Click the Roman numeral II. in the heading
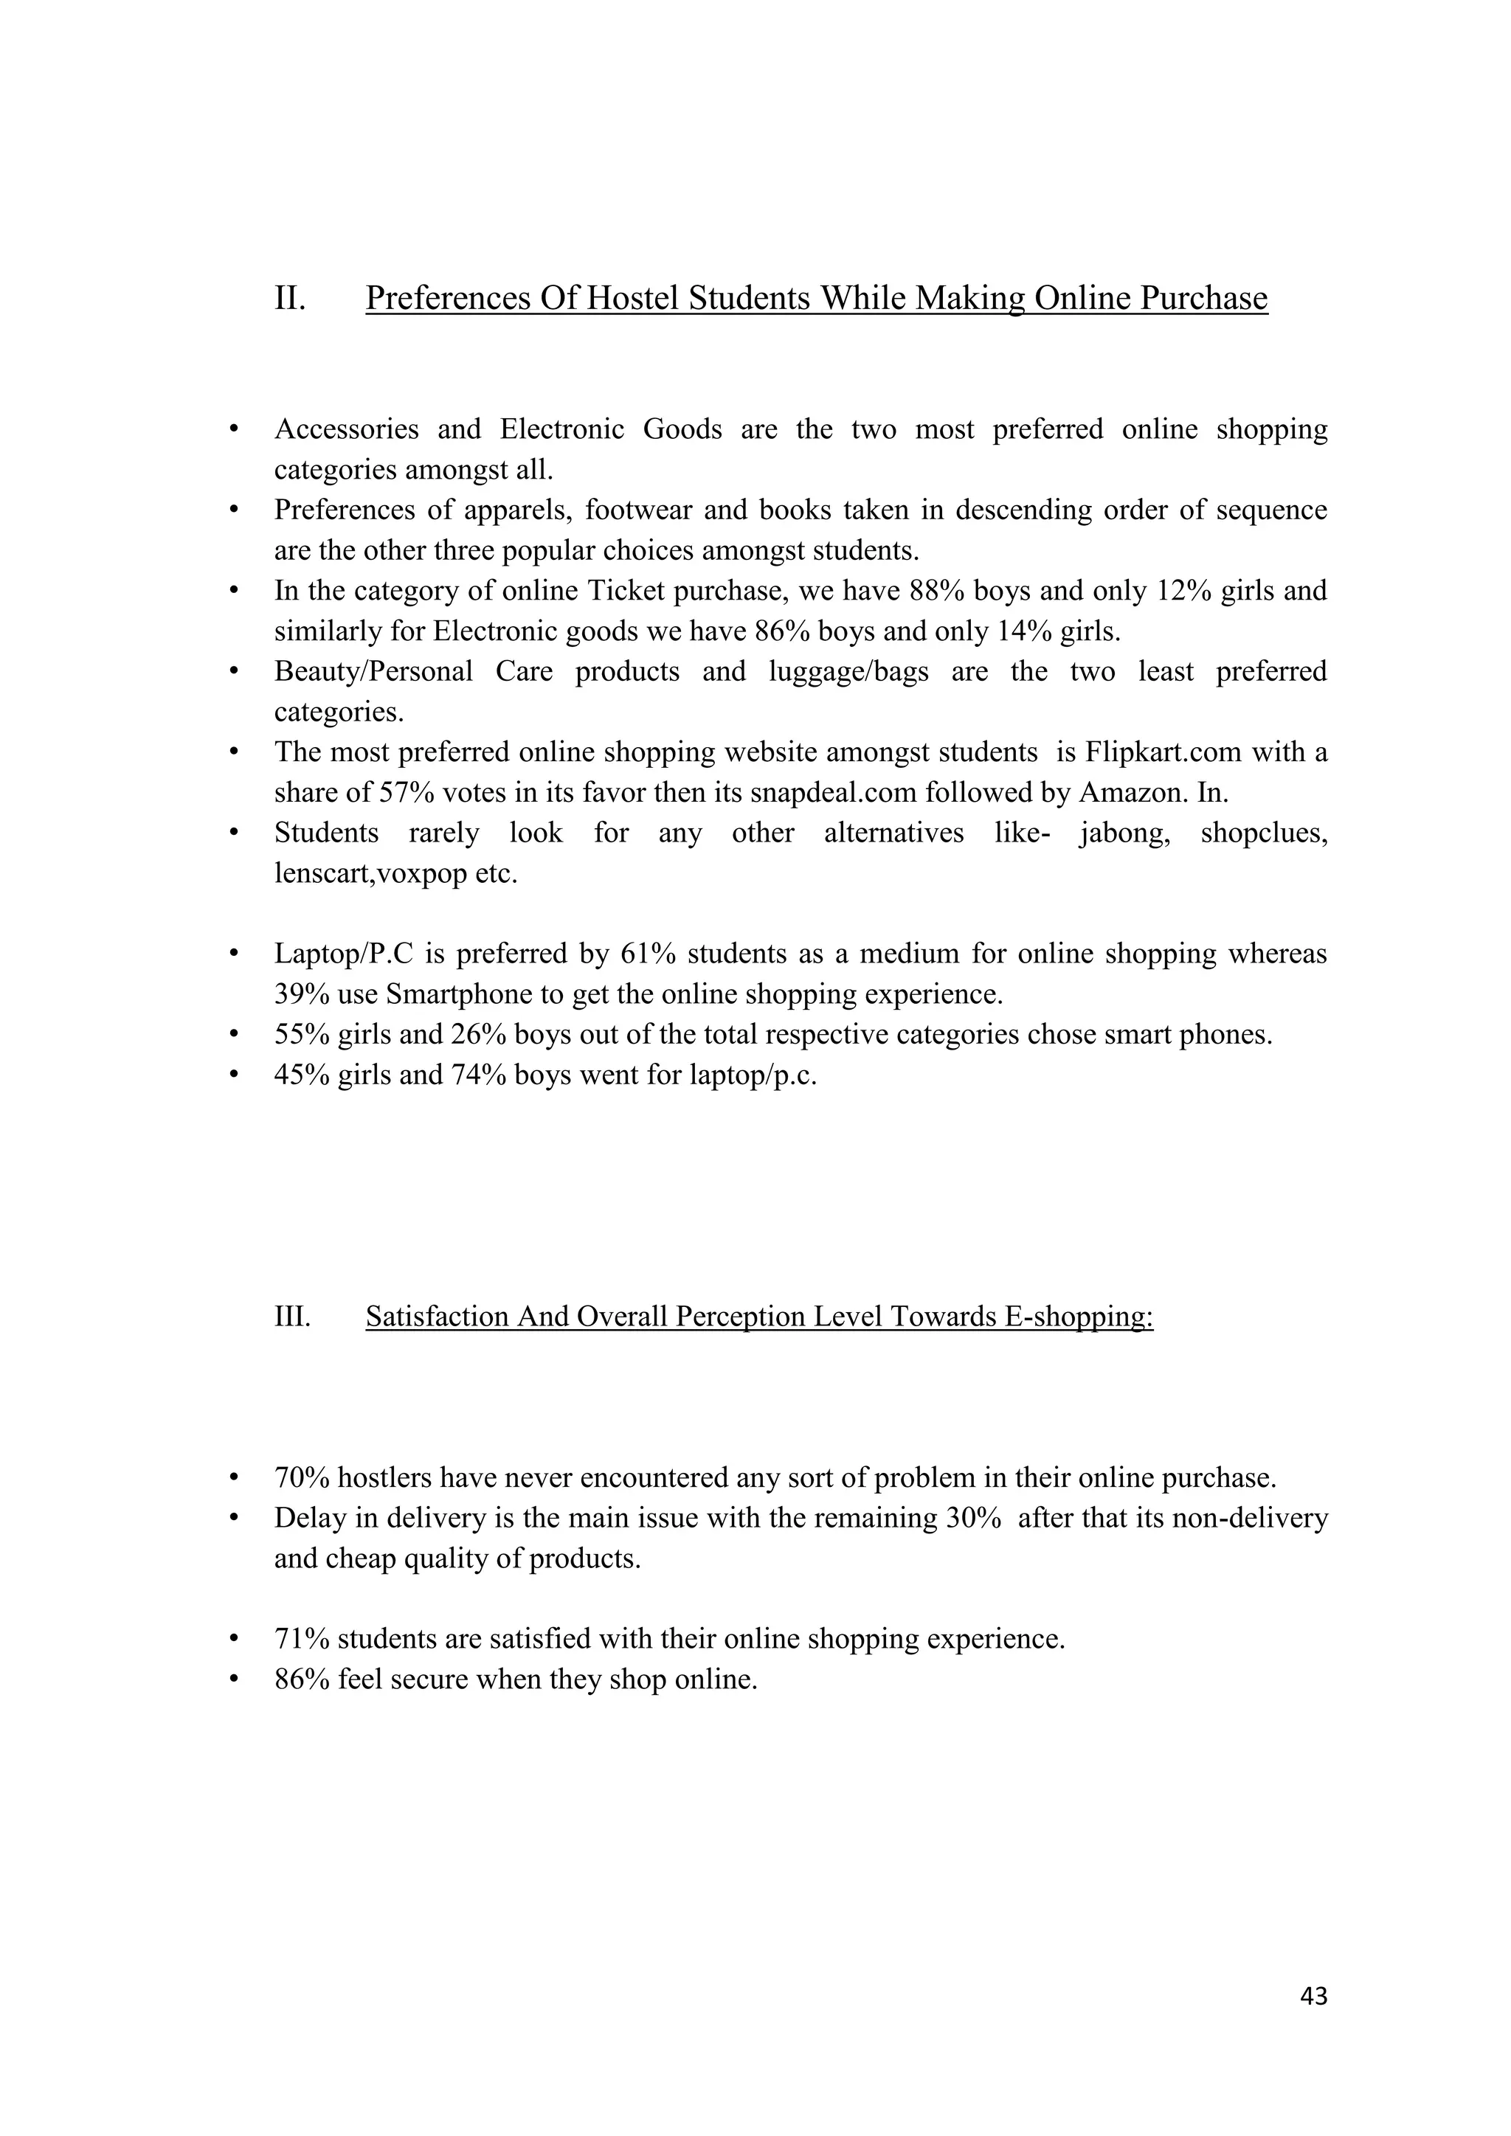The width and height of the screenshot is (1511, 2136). point(290,299)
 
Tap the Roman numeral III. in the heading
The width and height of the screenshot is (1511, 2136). point(292,1317)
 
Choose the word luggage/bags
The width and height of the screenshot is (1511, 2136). point(848,672)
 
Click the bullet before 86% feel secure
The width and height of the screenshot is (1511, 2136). point(235,1680)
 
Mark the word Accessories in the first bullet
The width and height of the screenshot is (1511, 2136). point(345,430)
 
